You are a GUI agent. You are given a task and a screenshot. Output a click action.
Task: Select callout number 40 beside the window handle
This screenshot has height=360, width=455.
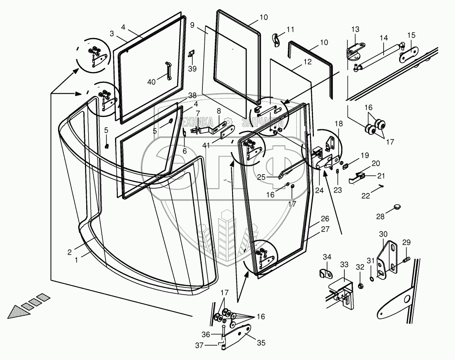pyautogui.click(x=151, y=82)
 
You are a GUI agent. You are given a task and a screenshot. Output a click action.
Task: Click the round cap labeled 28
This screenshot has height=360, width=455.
pyautogui.click(x=397, y=207)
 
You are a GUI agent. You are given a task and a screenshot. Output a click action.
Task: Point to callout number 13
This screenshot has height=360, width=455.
pyautogui.click(x=356, y=30)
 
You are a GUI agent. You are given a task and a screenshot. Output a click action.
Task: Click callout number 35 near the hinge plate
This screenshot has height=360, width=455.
pyautogui.click(x=261, y=343)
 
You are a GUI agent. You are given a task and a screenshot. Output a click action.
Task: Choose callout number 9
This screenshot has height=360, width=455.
pyautogui.click(x=192, y=25)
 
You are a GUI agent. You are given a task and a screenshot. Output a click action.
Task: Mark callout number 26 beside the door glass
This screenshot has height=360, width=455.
pyautogui.click(x=325, y=219)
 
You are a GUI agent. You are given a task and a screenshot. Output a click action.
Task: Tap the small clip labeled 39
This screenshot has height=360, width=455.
pyautogui.click(x=191, y=53)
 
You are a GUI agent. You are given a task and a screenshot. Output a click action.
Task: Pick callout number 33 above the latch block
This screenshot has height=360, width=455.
pyautogui.click(x=344, y=265)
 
